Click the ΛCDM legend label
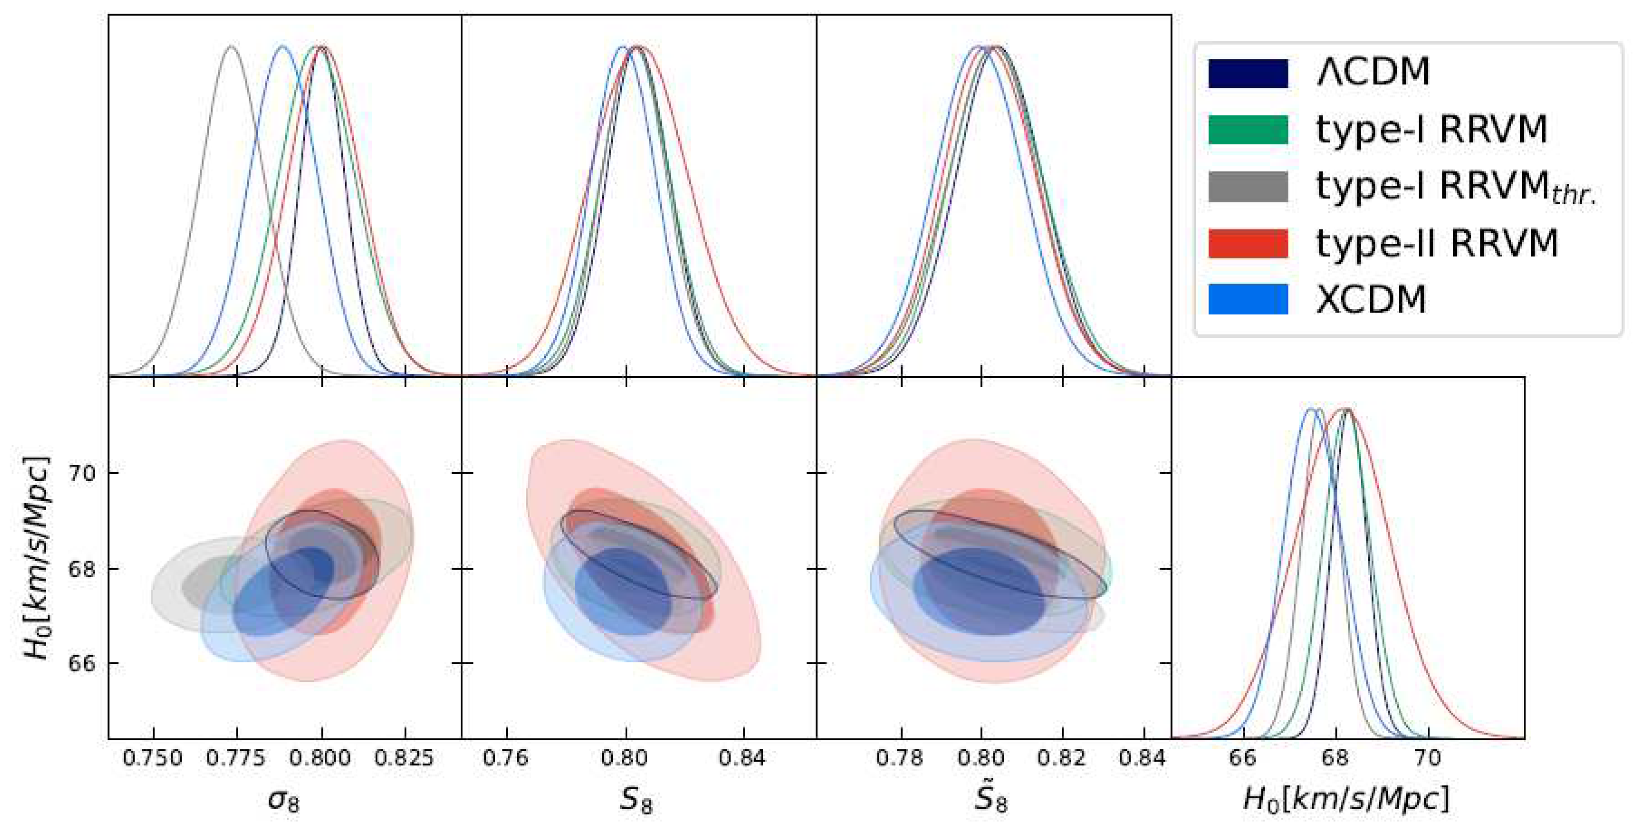coord(1373,72)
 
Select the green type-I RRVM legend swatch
coord(1247,130)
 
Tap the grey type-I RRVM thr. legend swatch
coord(1247,187)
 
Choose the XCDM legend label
coord(1371,299)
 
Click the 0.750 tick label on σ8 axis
coord(153,758)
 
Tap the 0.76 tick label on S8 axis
coord(506,758)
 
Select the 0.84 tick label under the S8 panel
coord(742,758)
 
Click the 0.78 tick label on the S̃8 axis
coord(900,758)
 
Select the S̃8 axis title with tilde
coord(991,797)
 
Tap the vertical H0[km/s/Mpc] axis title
coord(36,558)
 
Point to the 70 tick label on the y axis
coord(81,473)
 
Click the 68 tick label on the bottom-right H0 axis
coord(1335,758)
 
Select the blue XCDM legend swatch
coord(1247,299)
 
